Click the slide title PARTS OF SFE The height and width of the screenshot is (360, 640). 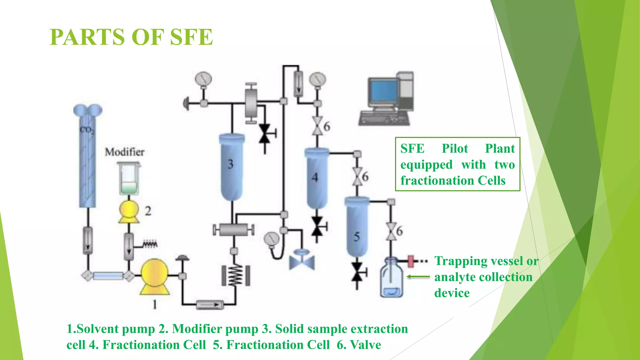click(x=131, y=37)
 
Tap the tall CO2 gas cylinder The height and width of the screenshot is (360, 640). click(x=87, y=159)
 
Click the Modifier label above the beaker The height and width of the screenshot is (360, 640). click(x=124, y=152)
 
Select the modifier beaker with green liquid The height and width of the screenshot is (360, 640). click(x=128, y=179)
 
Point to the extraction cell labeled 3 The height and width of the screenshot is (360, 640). click(x=232, y=167)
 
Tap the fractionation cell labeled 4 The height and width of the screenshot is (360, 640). click(x=317, y=178)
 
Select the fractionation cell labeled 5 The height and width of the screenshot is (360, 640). click(x=357, y=227)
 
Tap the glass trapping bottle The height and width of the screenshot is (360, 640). click(x=391, y=278)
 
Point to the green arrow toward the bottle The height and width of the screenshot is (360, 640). click(x=418, y=277)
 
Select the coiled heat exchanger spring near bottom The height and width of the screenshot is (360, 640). click(x=236, y=275)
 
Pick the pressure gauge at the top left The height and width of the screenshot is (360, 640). click(x=203, y=79)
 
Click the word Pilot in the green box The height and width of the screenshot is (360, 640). click(x=455, y=148)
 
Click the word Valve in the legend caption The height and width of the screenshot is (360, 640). click(x=366, y=345)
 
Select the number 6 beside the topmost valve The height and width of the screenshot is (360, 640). click(x=327, y=127)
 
